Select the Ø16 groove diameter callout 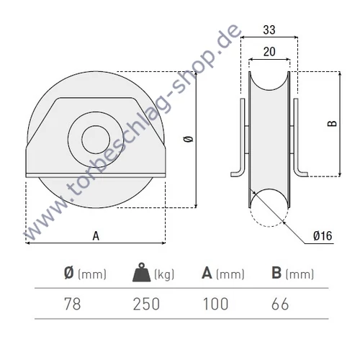tap(320, 235)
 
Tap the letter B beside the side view tap(332, 123)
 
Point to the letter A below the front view tap(95, 235)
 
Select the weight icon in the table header tap(139, 274)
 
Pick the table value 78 tap(72, 304)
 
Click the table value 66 tap(281, 304)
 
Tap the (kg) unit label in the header tap(166, 274)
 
